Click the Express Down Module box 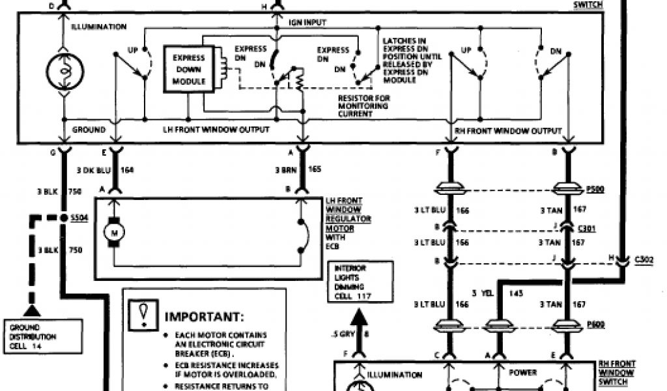coord(189,69)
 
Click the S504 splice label coord(77,217)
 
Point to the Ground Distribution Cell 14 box coord(32,337)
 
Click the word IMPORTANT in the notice coord(204,317)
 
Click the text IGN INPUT coord(307,22)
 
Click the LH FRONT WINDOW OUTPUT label coord(216,130)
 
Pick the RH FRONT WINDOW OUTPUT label coord(507,131)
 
